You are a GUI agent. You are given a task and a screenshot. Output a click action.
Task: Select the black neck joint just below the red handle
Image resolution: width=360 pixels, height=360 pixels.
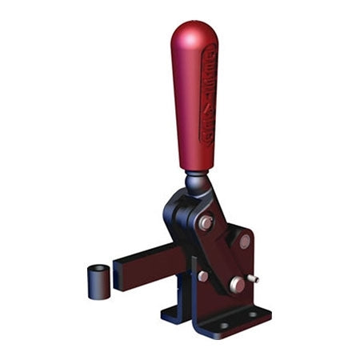[x=198, y=184]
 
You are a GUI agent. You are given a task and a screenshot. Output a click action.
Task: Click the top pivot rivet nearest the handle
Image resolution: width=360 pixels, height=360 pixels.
[x=206, y=223]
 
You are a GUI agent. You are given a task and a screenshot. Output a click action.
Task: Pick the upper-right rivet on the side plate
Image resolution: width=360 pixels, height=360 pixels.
[x=244, y=241]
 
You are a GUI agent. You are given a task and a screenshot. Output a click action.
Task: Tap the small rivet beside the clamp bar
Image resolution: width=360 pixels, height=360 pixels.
[x=202, y=276]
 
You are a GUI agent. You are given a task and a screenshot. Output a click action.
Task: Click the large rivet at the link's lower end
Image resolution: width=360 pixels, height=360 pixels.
[x=236, y=284]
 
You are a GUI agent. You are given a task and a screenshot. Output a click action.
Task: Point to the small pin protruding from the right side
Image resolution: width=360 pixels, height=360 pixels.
[x=255, y=280]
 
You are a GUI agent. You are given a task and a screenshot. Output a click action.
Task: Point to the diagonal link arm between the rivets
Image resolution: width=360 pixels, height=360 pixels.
[x=222, y=254]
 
